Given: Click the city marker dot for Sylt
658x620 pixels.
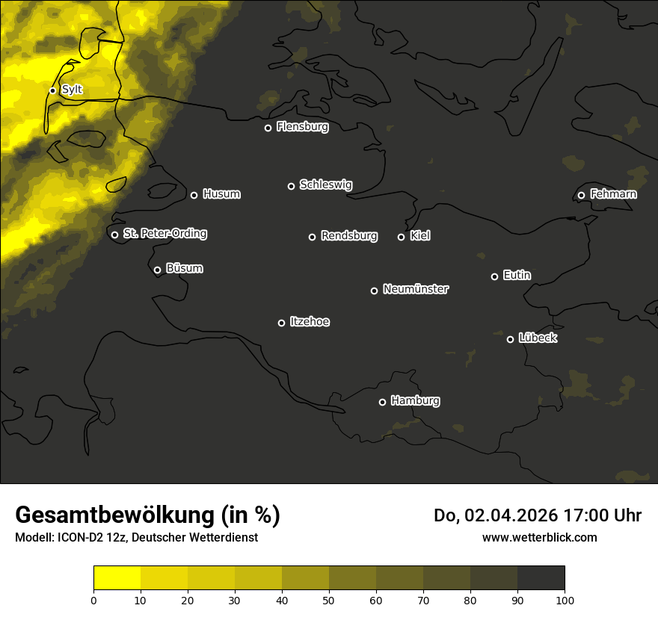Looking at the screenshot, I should pos(52,90).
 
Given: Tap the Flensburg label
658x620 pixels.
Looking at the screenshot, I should pos(302,127).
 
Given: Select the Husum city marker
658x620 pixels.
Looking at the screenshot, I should pos(194,195).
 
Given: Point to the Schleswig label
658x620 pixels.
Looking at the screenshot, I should pos(325,185).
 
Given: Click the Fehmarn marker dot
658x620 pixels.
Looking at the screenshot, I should pos(581,195).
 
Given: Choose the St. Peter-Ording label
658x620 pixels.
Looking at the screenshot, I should pos(164,234).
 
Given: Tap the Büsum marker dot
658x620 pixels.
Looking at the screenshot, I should pos(157,270).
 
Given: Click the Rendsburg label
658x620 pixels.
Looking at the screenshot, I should pos(348,236).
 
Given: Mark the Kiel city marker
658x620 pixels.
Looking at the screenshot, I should pos(401,237).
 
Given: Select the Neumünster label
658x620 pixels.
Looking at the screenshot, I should pos(415,289).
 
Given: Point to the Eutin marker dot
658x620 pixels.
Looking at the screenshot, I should pos(494,276).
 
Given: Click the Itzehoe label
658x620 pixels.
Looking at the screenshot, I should pos(310,322).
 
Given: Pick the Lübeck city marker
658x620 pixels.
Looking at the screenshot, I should pos(510,339).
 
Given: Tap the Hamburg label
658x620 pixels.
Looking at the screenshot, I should pos(415,401).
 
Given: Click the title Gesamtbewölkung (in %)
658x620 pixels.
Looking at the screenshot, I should pos(147,515).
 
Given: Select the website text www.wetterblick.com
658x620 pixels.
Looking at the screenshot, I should pos(539,537).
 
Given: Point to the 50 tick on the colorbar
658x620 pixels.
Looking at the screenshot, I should pos(329,599).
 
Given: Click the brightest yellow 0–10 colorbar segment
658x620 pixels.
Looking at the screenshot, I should pos(117,577).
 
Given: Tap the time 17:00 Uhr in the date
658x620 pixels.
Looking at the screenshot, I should pos(600,515).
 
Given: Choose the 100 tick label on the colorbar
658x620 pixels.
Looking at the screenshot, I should pos(565,599).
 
